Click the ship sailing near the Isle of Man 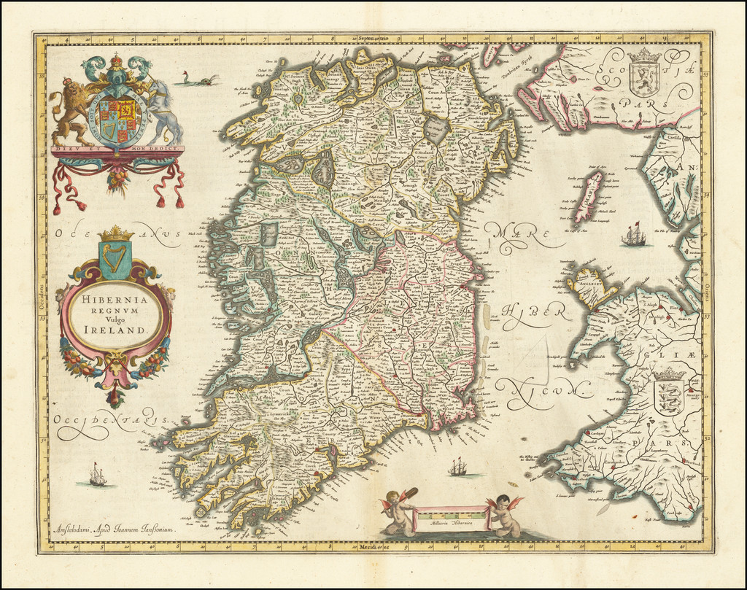633,236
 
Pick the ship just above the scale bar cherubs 458,467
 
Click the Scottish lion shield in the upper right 643,76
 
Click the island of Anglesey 593,287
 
